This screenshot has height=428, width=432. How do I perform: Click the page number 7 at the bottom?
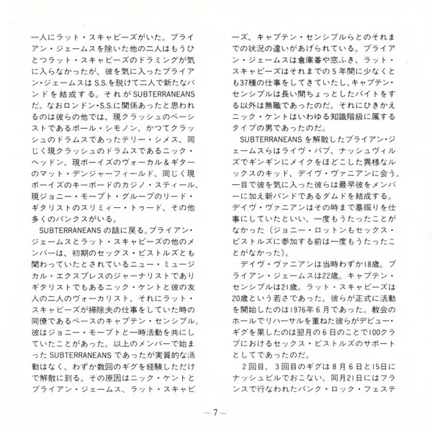click(215, 411)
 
